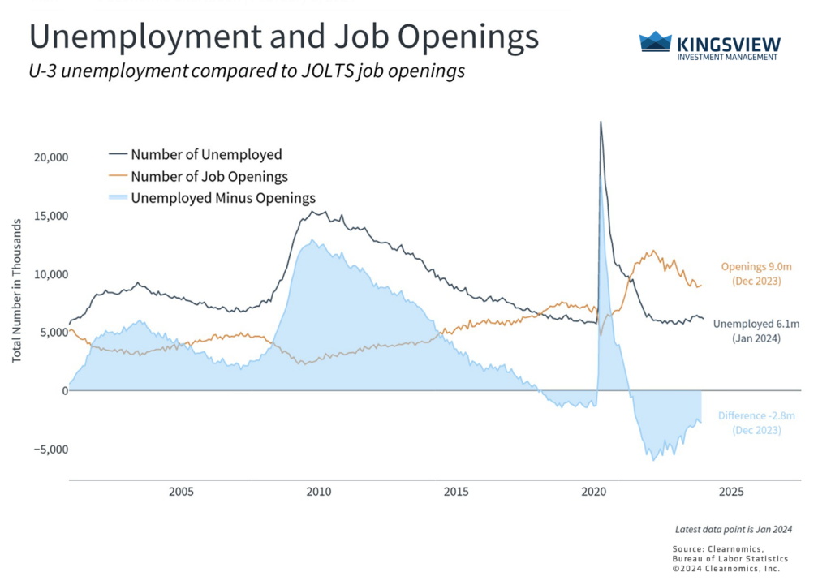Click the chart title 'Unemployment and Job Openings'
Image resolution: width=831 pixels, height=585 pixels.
[x=284, y=38]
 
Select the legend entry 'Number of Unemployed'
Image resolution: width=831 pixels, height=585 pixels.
[x=206, y=154]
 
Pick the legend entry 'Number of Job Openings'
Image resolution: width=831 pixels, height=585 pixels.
[x=209, y=176]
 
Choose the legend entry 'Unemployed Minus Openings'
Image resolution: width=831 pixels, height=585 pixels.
[x=223, y=197]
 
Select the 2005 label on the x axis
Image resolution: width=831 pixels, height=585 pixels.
[x=181, y=492]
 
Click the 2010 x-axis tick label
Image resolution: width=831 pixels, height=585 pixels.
[x=318, y=492]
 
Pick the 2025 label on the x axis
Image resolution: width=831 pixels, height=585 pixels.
[x=730, y=492]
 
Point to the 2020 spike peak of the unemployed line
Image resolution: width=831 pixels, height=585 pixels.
[x=601, y=123]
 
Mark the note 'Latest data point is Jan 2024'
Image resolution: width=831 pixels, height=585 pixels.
[x=733, y=530]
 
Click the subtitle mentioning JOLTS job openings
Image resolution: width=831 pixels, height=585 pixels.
[x=247, y=71]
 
